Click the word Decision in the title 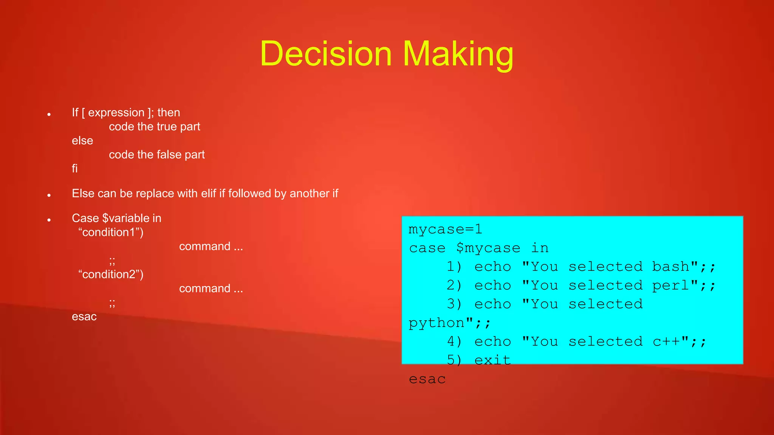pos(326,54)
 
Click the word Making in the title pos(458,54)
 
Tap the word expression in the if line pos(116,113)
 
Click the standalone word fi pos(75,168)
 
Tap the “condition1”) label pos(111,232)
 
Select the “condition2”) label pos(111,274)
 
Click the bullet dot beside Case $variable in pos(49,220)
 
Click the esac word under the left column pos(84,316)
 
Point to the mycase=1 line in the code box pos(445,229)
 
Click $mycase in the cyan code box pos(488,248)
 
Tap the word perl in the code pos(671,285)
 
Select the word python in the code pos(437,323)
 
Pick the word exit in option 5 pos(492,360)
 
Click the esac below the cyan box pos(427,379)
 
